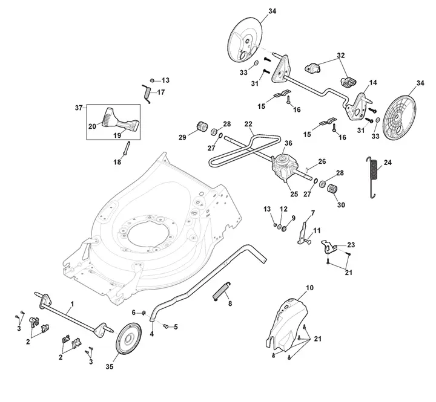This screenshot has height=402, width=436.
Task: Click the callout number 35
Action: click(110, 366)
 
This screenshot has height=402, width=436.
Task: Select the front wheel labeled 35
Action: click(128, 339)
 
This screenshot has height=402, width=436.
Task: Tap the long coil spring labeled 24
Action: click(373, 177)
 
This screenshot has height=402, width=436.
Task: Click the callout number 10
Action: click(309, 288)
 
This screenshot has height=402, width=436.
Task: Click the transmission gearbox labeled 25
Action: click(284, 168)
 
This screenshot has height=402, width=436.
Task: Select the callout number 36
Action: click(288, 143)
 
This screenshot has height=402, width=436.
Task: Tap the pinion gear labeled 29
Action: click(202, 127)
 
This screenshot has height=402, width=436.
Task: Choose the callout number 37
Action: click(79, 108)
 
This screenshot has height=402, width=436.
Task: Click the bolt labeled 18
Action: click(126, 149)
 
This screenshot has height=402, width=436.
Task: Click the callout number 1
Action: click(72, 304)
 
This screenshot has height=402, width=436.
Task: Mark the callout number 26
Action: click(322, 161)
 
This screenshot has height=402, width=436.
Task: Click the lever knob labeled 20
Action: click(108, 117)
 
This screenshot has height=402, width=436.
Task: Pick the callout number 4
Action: click(151, 334)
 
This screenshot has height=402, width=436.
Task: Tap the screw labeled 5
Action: click(165, 326)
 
